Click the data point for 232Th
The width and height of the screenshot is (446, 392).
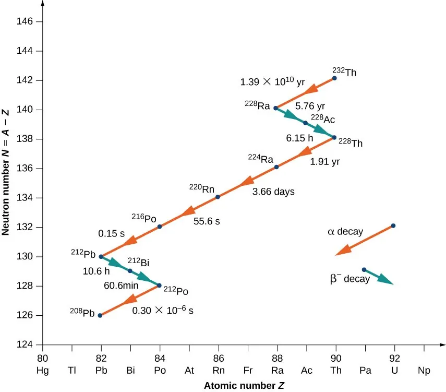(334, 78)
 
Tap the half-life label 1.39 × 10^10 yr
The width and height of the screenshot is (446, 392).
(272, 82)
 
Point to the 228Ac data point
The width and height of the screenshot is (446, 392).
(305, 123)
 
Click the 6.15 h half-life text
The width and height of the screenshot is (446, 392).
(299, 139)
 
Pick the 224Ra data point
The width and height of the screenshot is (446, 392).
(276, 167)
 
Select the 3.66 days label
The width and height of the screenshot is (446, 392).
(273, 192)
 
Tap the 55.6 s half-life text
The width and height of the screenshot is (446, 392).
(207, 221)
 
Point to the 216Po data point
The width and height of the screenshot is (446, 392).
(160, 227)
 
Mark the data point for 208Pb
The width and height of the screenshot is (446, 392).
(100, 315)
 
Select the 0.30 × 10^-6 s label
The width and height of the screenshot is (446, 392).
(163, 311)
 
